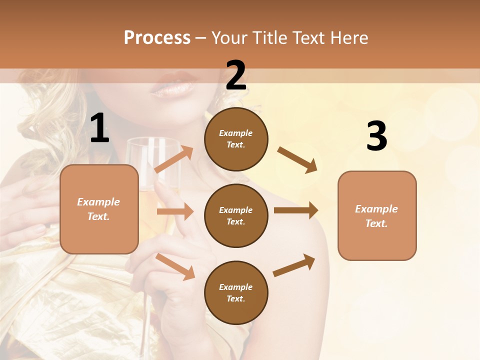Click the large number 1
pyautogui.click(x=99, y=129)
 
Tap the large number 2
pyautogui.click(x=236, y=76)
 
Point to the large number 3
pyautogui.click(x=376, y=137)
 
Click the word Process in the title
pyautogui.click(x=157, y=37)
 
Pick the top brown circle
pyautogui.click(x=236, y=139)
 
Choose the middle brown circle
pyautogui.click(x=236, y=215)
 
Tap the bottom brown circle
pyautogui.click(x=236, y=292)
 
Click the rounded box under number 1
pyautogui.click(x=99, y=209)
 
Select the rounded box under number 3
pyautogui.click(x=376, y=215)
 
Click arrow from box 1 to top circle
pyautogui.click(x=174, y=159)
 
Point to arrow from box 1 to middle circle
pyautogui.click(x=175, y=211)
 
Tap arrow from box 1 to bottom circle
pyautogui.click(x=175, y=266)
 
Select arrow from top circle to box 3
pyautogui.click(x=297, y=160)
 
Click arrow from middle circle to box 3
pyautogui.click(x=296, y=210)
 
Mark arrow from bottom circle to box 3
pyautogui.click(x=294, y=265)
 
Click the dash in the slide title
pyautogui.click(x=200, y=38)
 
